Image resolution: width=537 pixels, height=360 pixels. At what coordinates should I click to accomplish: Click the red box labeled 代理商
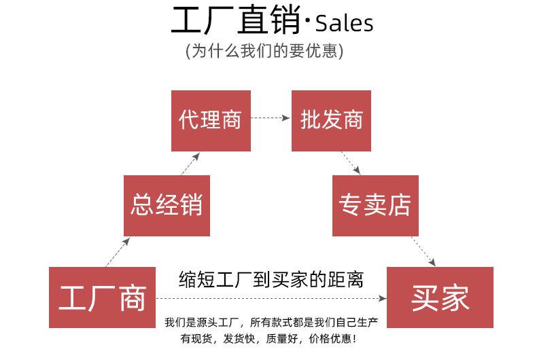(x=211, y=120)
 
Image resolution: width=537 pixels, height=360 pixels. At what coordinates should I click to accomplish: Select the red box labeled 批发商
(x=331, y=120)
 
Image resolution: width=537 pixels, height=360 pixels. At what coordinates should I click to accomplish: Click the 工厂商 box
(x=102, y=298)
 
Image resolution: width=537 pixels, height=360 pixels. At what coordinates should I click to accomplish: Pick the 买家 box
(x=439, y=298)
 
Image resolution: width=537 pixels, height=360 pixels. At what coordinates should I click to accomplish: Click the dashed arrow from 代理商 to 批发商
(x=271, y=118)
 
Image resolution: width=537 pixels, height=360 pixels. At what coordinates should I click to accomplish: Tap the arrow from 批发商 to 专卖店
(x=351, y=163)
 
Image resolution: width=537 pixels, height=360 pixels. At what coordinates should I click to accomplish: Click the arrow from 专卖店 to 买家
(x=423, y=251)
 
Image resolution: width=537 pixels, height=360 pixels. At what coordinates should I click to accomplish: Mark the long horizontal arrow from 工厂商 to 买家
(x=272, y=298)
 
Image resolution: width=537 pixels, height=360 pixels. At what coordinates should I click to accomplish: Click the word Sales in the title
(x=344, y=24)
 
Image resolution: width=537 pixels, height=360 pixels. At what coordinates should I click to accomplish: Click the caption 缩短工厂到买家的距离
(x=271, y=279)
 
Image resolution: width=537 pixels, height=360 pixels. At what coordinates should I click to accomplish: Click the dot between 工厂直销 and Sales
(x=307, y=24)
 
